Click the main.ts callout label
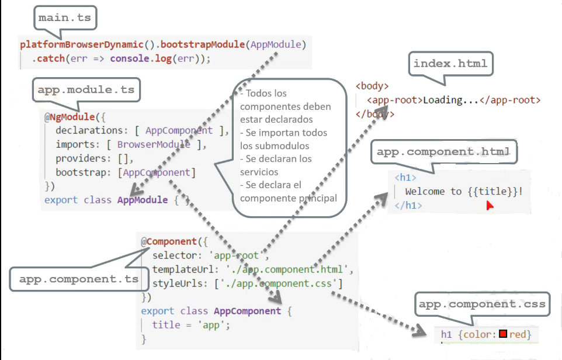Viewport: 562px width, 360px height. pos(65,18)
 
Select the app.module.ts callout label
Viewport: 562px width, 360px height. pos(86,89)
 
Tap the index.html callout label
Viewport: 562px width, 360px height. pos(450,64)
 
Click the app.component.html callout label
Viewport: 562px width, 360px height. pos(443,152)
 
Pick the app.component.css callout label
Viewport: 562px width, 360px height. pos(482,304)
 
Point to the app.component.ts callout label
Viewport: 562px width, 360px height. pos(79,279)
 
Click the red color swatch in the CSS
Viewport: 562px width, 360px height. pos(503,334)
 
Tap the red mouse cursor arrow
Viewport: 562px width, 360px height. pos(490,206)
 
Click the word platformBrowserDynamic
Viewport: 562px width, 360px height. pos(82,44)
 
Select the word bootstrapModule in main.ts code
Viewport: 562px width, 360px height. pos(203,44)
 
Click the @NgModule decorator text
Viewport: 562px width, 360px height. pos(70,117)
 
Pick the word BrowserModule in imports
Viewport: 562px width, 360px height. pos(154,144)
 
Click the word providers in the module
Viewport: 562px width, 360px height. pos(81,158)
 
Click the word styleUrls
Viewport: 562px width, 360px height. pos(178,283)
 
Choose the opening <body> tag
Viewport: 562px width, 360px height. pos(372,86)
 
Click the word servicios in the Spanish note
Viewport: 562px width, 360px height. pos(259,172)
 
